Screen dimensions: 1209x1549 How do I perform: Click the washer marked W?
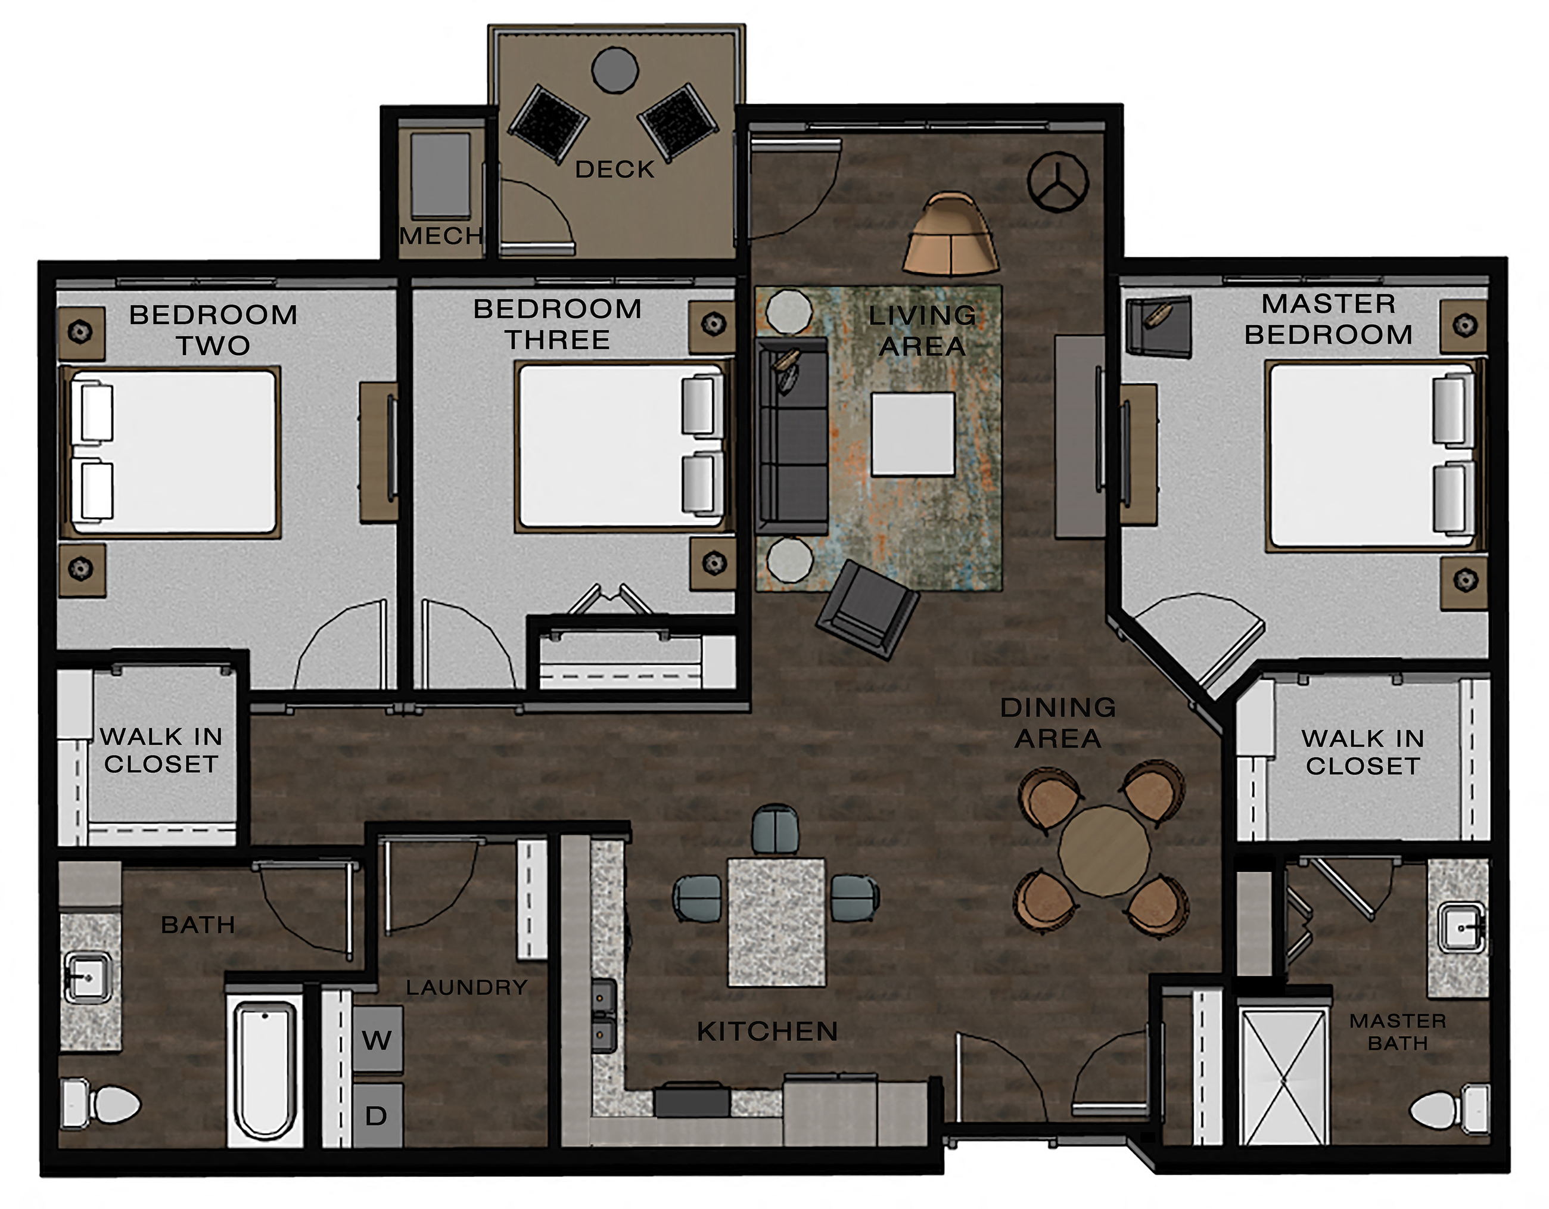click(x=377, y=1040)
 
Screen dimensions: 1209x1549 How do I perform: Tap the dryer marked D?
click(x=377, y=1115)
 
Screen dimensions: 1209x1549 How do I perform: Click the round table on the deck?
click(x=615, y=70)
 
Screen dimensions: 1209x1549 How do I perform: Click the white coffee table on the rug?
click(x=913, y=434)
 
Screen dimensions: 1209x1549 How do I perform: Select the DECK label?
click(x=614, y=170)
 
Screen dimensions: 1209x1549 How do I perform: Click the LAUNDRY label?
click(x=466, y=987)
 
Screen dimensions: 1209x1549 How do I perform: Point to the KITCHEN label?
click(x=767, y=1031)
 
